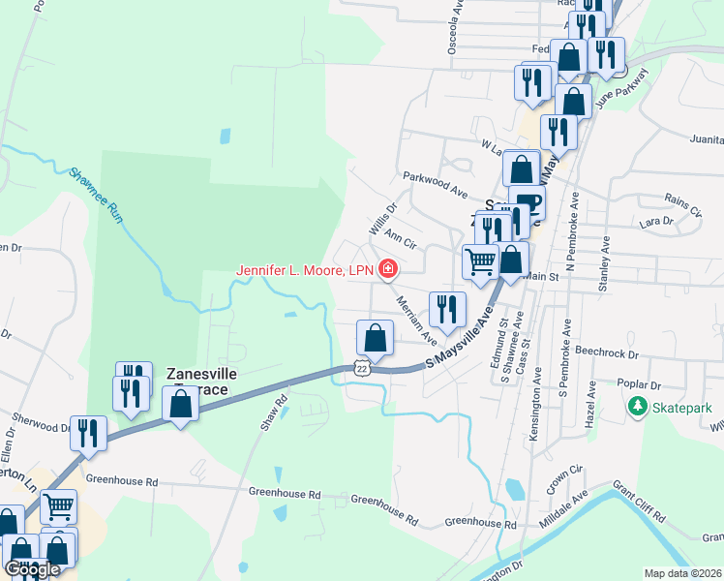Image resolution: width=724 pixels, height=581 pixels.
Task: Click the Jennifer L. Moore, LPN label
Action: click(x=306, y=268)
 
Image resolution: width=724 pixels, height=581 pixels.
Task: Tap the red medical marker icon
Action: click(x=388, y=268)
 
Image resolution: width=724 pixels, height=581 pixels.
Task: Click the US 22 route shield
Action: click(x=361, y=368)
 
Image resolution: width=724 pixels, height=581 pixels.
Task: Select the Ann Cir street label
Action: click(x=400, y=235)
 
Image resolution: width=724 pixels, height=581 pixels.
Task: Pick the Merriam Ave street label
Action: click(x=417, y=320)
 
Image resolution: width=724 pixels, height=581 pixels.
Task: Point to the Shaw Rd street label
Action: click(x=275, y=413)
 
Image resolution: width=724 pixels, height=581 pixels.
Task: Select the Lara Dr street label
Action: click(x=655, y=222)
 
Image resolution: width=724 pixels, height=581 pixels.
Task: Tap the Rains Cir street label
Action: click(x=683, y=204)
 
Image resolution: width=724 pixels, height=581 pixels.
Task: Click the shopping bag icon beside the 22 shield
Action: click(x=375, y=338)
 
